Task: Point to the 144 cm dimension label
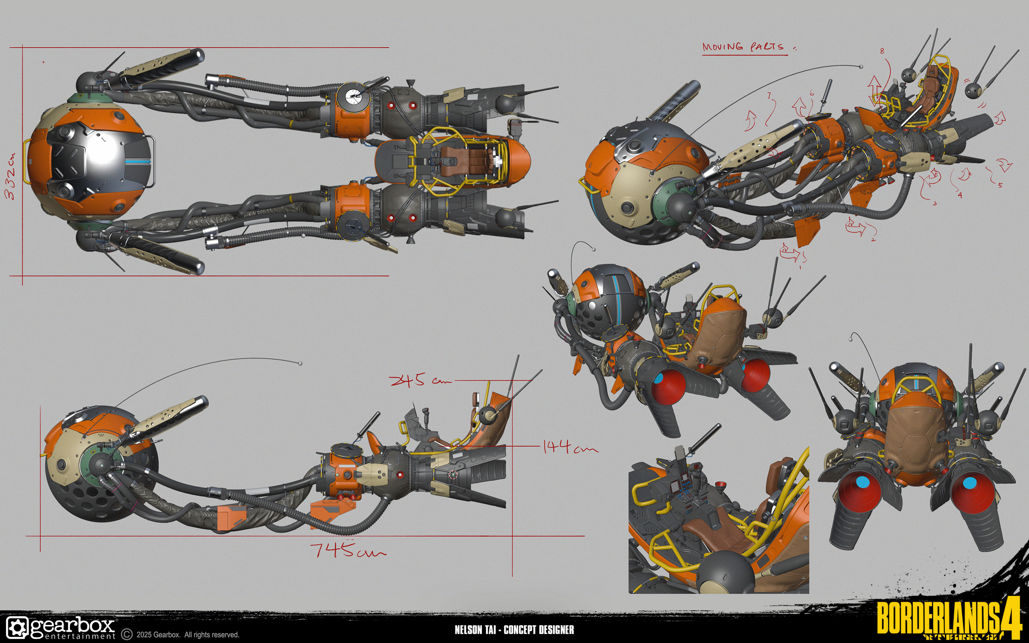[x=570, y=447]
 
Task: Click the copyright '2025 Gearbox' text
[x=187, y=634]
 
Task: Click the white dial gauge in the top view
[x=352, y=97]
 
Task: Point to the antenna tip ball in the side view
[x=300, y=364]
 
